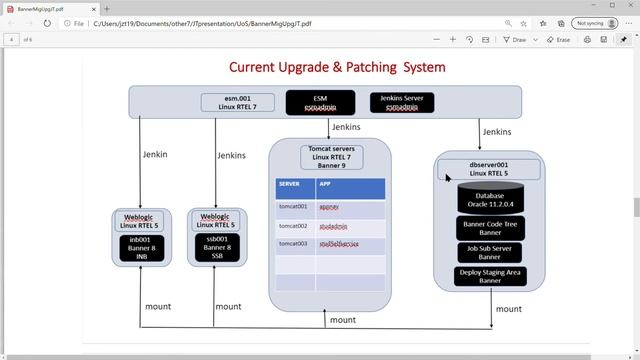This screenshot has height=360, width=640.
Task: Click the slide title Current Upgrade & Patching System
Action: pos(337,67)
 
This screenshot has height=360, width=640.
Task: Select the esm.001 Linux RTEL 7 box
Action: pos(237,102)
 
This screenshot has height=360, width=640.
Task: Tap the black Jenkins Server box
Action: pos(402,102)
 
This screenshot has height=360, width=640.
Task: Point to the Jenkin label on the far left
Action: pos(154,154)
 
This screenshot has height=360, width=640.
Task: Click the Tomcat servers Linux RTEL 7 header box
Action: pos(330,157)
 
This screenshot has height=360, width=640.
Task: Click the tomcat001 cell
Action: pos(295,207)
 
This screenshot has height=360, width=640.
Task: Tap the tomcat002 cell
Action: pos(295,226)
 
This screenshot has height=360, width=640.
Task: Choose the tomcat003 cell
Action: pos(295,244)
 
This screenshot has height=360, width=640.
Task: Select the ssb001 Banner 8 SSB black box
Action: pos(217,248)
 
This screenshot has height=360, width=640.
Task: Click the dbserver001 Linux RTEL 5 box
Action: pos(490,168)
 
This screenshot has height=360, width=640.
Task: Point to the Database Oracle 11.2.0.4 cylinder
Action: pos(490,199)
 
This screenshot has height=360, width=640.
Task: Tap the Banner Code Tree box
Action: pos(490,228)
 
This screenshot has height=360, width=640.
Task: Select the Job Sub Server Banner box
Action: pos(490,252)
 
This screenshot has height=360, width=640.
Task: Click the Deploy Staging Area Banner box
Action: pos(490,276)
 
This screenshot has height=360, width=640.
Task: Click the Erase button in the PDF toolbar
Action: pos(559,39)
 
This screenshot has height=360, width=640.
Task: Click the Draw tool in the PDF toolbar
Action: pos(514,39)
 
